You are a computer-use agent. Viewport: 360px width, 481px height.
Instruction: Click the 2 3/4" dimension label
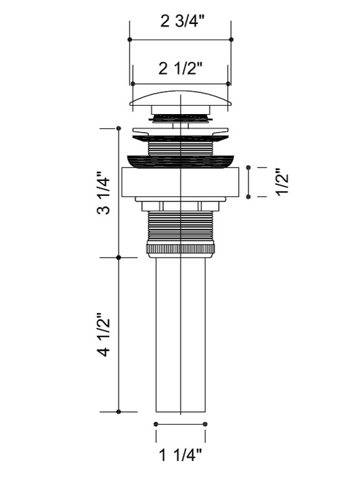182,22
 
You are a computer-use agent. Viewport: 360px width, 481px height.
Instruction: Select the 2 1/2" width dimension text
181,68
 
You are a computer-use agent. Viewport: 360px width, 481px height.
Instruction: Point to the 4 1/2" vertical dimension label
103,334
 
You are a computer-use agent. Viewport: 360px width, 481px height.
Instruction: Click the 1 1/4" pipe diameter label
181,455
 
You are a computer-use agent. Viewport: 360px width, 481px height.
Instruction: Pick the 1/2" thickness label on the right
282,181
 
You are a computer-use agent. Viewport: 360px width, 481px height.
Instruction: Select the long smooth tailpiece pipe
181,334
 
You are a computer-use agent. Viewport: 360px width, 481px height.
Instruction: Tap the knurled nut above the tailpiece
181,249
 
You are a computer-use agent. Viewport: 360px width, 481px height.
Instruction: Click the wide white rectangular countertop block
180,182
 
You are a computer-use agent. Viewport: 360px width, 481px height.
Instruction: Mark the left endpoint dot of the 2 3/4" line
130,40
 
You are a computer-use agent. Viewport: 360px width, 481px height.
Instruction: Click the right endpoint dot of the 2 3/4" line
232,40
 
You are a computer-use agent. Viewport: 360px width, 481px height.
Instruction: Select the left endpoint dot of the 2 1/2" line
133,83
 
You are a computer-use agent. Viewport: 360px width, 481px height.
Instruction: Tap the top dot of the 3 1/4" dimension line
119,129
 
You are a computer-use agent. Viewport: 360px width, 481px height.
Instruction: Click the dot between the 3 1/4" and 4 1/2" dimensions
119,258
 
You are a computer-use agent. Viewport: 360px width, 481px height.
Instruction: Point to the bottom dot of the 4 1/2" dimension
119,412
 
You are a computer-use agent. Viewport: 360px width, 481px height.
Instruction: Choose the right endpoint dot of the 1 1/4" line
205,424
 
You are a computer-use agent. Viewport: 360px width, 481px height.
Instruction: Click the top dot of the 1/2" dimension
248,168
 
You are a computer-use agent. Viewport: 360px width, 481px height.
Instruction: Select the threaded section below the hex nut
181,228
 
